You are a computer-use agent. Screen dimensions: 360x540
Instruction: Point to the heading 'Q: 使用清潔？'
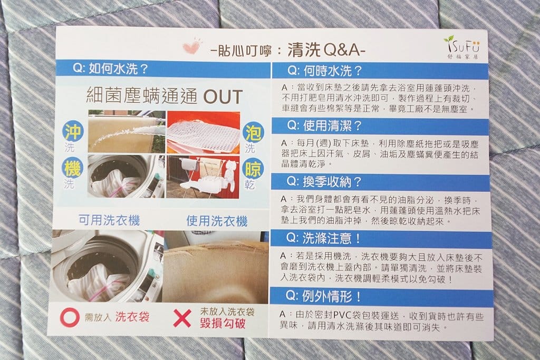click(x=324, y=127)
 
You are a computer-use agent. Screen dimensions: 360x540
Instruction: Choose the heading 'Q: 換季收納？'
click(x=324, y=182)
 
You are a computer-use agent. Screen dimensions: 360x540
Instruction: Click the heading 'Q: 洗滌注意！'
click(x=324, y=238)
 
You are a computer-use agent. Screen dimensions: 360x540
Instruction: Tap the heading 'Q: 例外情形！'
click(x=324, y=296)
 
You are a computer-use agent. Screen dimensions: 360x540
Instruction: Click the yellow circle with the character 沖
click(x=73, y=131)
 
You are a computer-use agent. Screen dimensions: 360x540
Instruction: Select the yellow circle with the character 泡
click(x=253, y=132)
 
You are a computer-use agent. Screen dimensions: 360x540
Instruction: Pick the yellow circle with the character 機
click(x=73, y=169)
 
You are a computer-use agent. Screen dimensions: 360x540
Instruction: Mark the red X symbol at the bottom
click(x=182, y=318)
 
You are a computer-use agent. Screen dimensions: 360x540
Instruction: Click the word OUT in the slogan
click(x=223, y=97)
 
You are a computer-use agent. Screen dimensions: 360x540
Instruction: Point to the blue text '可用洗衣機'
click(x=109, y=220)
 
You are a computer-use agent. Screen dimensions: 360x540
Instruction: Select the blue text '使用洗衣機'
click(x=217, y=221)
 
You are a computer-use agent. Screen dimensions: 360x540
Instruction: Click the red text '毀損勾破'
click(x=222, y=324)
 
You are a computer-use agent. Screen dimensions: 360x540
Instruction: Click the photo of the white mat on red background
click(x=203, y=132)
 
